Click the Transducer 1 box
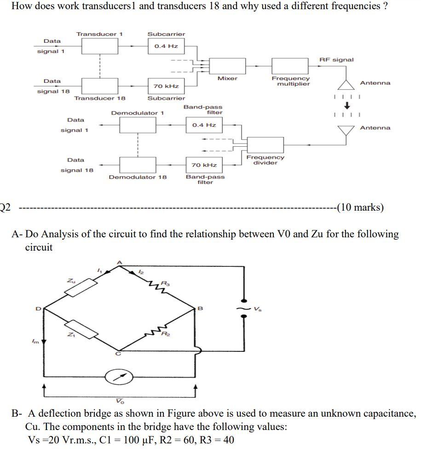[99, 46]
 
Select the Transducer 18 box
[99, 86]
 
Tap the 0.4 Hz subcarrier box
[166, 46]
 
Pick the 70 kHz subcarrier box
[166, 86]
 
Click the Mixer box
[227, 66]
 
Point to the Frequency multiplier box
[290, 66]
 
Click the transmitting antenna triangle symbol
[346, 84]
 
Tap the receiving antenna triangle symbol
[346, 131]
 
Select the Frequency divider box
[265, 144]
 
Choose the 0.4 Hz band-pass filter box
[204, 125]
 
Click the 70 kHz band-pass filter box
[204, 165]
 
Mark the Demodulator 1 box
[138, 125]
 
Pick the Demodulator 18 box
[138, 165]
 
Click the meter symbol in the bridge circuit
[119, 377]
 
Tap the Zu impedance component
[81, 287]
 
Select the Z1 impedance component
[81, 329]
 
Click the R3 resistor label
[166, 283]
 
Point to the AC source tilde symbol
[243, 308]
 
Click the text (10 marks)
[360, 207]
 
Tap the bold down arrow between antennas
[347, 105]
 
